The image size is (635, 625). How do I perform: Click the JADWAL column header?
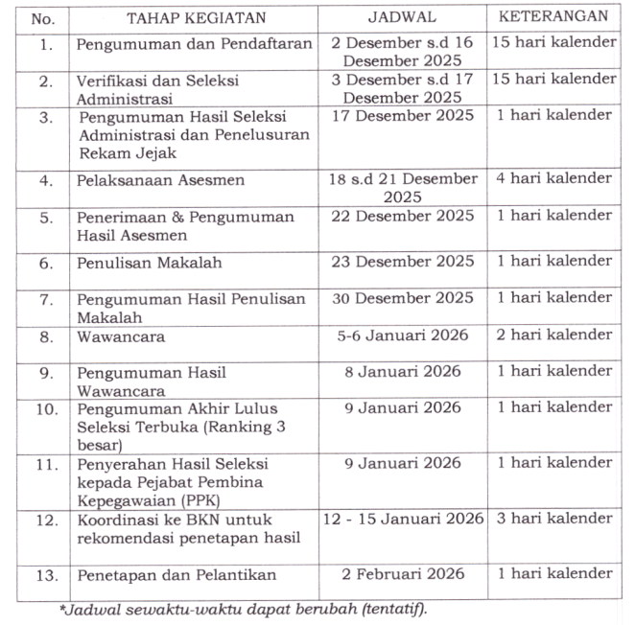(x=403, y=18)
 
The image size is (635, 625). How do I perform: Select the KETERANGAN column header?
(x=553, y=17)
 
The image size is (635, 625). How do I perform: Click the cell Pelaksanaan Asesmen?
(x=160, y=179)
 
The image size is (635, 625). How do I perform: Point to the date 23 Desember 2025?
(x=403, y=261)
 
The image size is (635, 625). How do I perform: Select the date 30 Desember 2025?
(x=403, y=298)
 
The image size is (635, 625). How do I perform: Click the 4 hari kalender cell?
(x=553, y=178)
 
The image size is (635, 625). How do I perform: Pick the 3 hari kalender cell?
(x=553, y=519)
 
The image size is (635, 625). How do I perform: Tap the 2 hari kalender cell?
(x=553, y=336)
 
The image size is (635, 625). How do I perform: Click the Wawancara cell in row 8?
(x=121, y=336)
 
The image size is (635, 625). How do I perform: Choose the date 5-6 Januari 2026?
(x=403, y=336)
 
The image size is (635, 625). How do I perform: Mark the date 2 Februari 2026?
(x=403, y=573)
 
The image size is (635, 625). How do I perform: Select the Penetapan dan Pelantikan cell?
(x=176, y=574)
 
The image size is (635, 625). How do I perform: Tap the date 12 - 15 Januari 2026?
(x=403, y=519)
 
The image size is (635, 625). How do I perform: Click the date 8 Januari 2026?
(x=403, y=372)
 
